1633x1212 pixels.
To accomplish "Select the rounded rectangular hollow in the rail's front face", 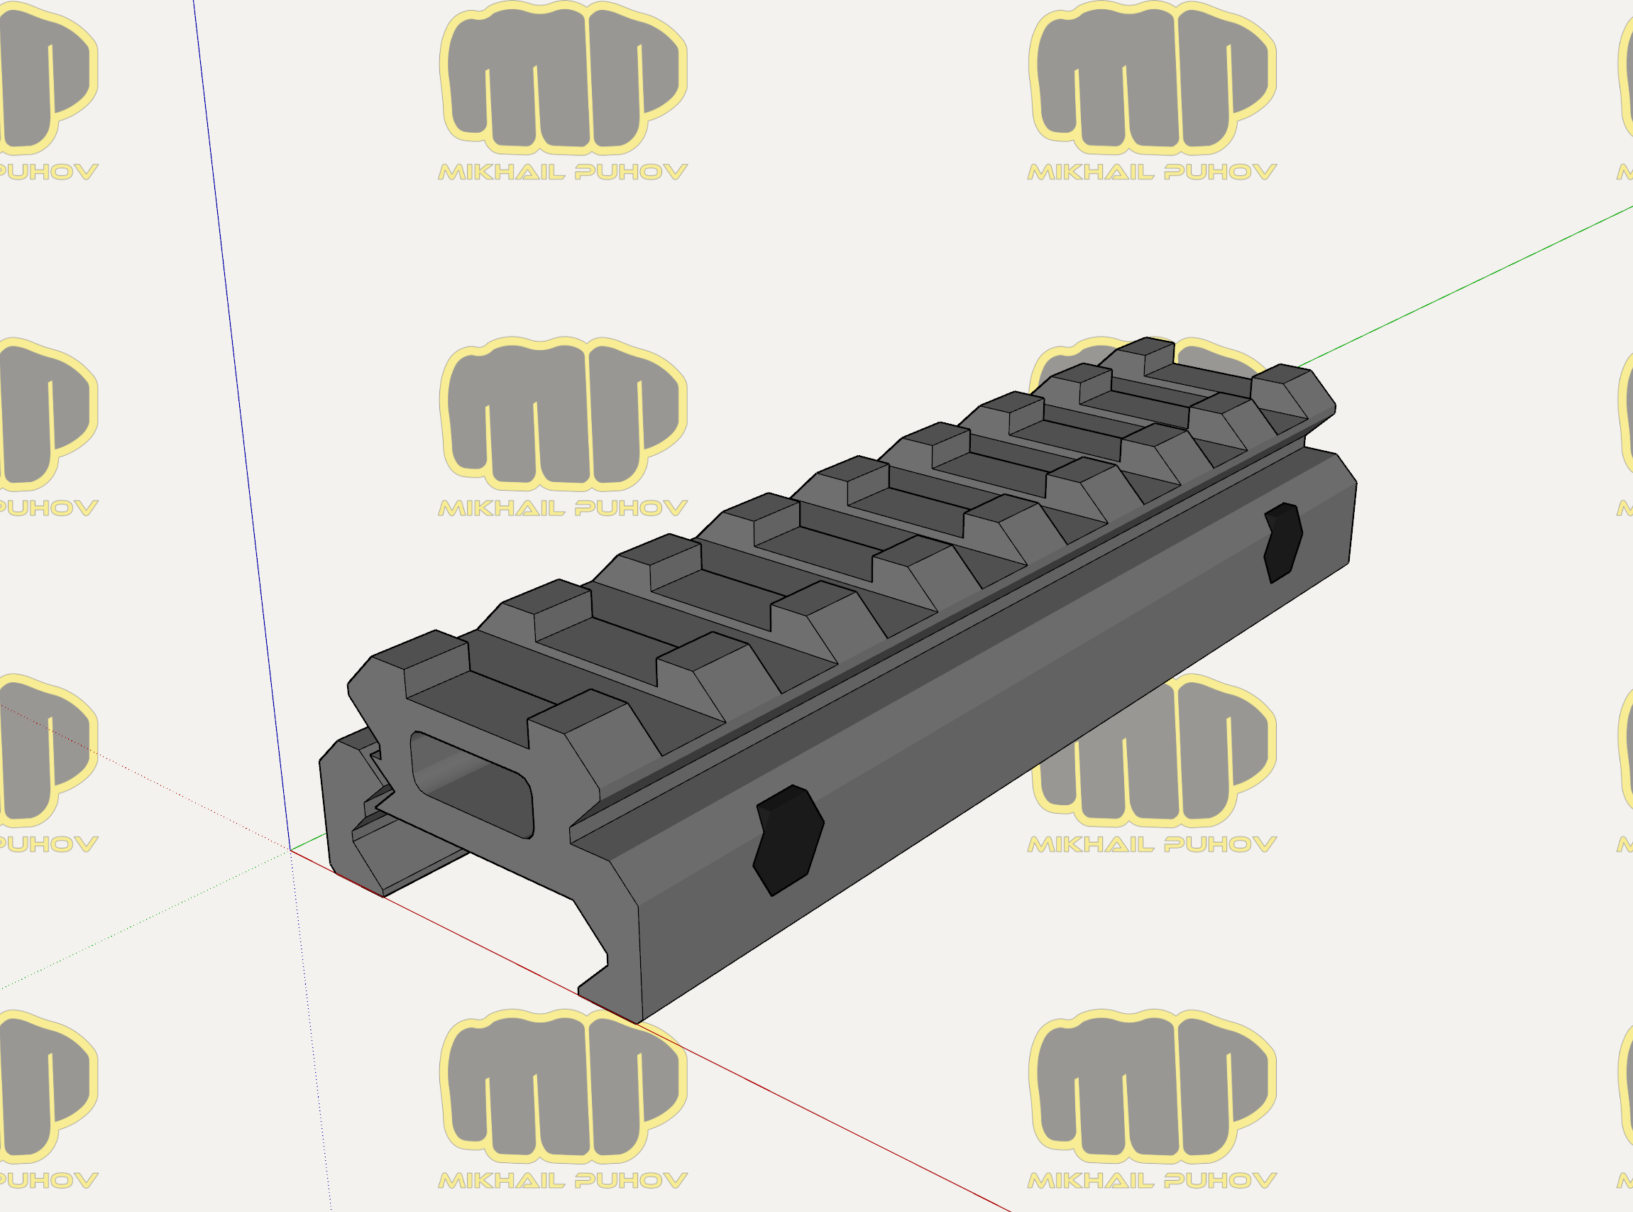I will point(472,785).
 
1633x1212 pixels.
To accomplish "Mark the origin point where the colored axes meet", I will point(290,851).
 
